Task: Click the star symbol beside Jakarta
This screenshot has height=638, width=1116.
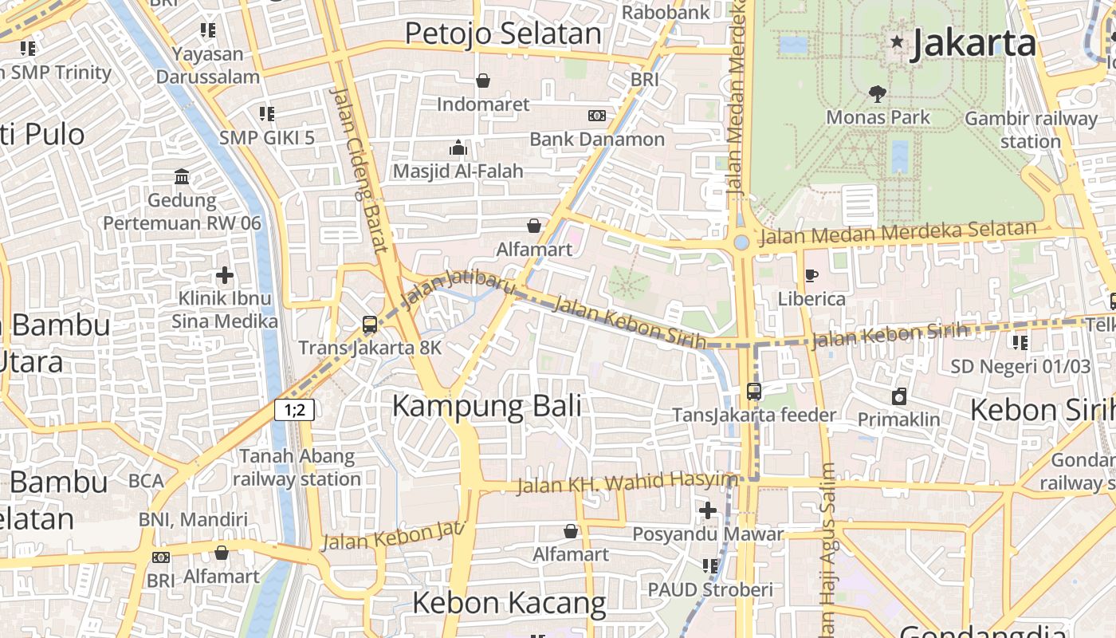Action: click(x=898, y=41)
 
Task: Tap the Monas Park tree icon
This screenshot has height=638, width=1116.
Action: click(x=878, y=94)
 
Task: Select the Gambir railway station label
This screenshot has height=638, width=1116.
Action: click(x=1031, y=130)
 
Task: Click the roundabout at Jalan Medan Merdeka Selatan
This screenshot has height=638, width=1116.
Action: click(x=741, y=242)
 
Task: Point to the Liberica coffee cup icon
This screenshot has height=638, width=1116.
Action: click(x=811, y=276)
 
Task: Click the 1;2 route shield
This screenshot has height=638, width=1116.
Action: click(x=294, y=410)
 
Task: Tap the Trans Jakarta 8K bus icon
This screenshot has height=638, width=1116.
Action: click(x=369, y=325)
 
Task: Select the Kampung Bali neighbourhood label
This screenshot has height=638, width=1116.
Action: click(x=486, y=406)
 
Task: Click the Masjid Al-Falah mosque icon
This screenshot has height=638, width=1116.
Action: click(x=458, y=148)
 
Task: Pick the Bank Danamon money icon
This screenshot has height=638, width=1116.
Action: click(x=596, y=116)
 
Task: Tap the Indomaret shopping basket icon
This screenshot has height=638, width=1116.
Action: click(x=483, y=81)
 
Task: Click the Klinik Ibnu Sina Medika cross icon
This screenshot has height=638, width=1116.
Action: click(x=225, y=276)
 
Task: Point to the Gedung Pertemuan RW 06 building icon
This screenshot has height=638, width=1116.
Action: click(x=182, y=176)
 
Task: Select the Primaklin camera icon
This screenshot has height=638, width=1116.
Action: click(x=899, y=396)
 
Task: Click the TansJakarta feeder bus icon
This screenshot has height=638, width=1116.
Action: click(x=754, y=392)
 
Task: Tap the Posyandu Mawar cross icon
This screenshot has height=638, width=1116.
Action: click(x=708, y=510)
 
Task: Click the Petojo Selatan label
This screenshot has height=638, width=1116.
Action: click(x=503, y=33)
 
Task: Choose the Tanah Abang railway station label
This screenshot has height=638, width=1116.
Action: click(x=297, y=468)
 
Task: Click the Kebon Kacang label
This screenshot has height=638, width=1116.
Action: click(x=509, y=603)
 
